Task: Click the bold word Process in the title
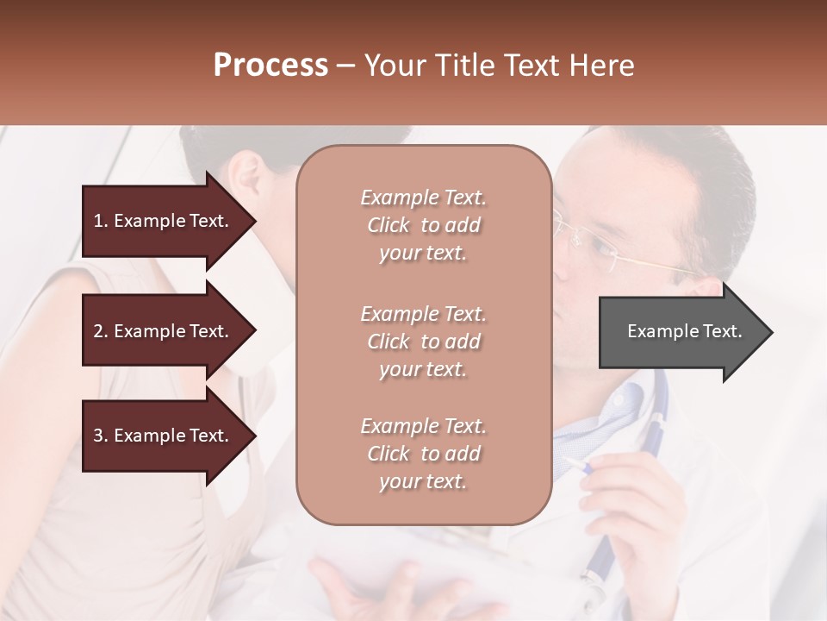tap(270, 66)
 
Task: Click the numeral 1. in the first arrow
tap(100, 221)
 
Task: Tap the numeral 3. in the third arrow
tap(100, 436)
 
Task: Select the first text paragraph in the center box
tap(423, 225)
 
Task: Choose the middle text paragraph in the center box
tap(423, 342)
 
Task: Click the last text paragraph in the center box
tap(423, 454)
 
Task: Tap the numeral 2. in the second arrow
tap(100, 331)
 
